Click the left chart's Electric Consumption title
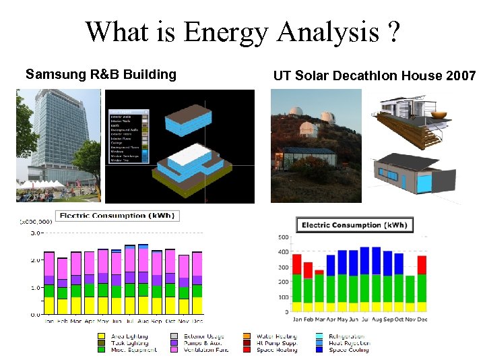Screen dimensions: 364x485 click(111, 216)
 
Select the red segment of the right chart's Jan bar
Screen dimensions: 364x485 click(297, 264)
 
